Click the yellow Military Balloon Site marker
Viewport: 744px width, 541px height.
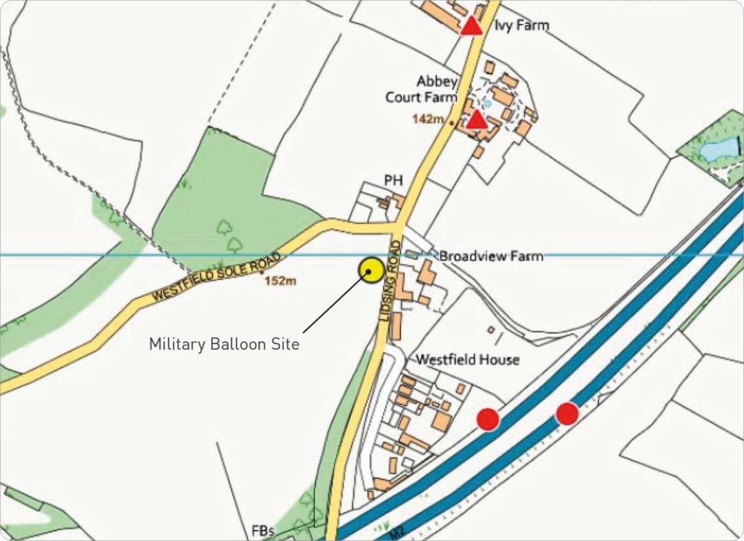pyautogui.click(x=370, y=270)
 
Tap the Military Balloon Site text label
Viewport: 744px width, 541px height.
pyautogui.click(x=224, y=344)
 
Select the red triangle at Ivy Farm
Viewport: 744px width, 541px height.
pyautogui.click(x=471, y=26)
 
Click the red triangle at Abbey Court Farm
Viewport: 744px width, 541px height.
pyautogui.click(x=477, y=119)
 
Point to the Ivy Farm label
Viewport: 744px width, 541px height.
pyautogui.click(x=522, y=26)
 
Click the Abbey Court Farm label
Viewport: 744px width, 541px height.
pyautogui.click(x=429, y=89)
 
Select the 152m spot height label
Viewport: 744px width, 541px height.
pyautogui.click(x=281, y=281)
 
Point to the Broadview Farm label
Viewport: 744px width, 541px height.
pyautogui.click(x=491, y=256)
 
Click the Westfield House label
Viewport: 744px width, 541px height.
pyautogui.click(x=467, y=359)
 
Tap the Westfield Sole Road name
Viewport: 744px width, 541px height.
pyautogui.click(x=216, y=276)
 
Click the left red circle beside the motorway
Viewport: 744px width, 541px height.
pyautogui.click(x=488, y=419)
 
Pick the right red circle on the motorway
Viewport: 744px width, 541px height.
pyautogui.click(x=567, y=414)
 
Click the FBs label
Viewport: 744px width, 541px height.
pyautogui.click(x=263, y=531)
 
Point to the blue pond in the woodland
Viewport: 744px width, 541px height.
pyautogui.click(x=718, y=150)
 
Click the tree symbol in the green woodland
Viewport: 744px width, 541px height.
pyautogui.click(x=225, y=227)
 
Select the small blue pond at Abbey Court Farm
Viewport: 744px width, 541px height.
pyautogui.click(x=486, y=104)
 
